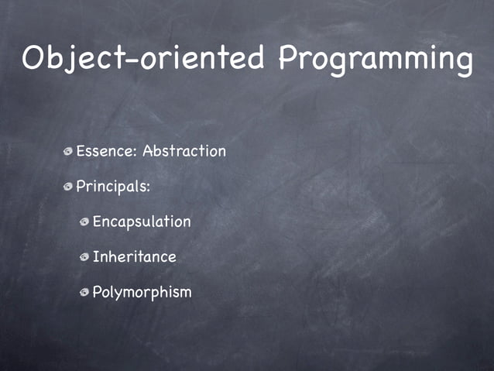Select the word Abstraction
[x=184, y=151]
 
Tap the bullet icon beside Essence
[x=69, y=152]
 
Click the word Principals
[x=111, y=187]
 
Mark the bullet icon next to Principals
[x=69, y=187]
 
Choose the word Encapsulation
[x=142, y=222]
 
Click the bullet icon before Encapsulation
[x=84, y=223]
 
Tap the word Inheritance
[x=135, y=257]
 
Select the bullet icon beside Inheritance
[x=84, y=258]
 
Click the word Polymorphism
[x=142, y=293]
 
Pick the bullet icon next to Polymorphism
[x=84, y=293]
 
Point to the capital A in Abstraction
[x=148, y=151]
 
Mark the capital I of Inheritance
[x=95, y=257]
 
